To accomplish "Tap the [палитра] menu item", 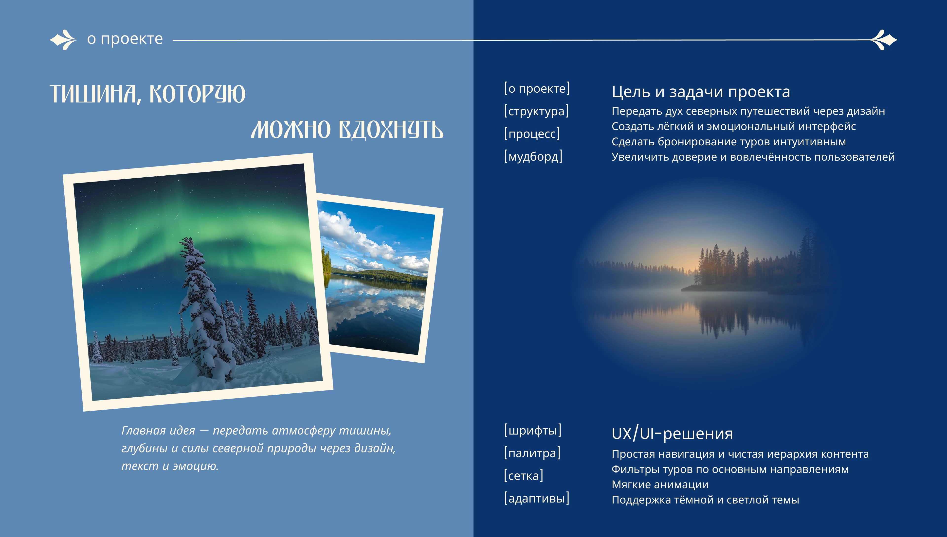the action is [532, 453].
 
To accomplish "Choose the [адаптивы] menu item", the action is [536, 498].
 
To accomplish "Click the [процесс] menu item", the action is [532, 134].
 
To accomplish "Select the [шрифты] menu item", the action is [533, 430].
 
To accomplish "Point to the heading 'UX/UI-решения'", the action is [672, 433].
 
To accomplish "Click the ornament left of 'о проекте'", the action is [63, 39].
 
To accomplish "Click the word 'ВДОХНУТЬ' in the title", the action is [391, 130].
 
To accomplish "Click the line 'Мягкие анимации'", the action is [660, 485].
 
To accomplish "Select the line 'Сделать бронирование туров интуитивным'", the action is [729, 142].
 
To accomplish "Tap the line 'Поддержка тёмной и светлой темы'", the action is [705, 500].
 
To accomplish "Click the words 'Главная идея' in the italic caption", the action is [158, 430].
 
